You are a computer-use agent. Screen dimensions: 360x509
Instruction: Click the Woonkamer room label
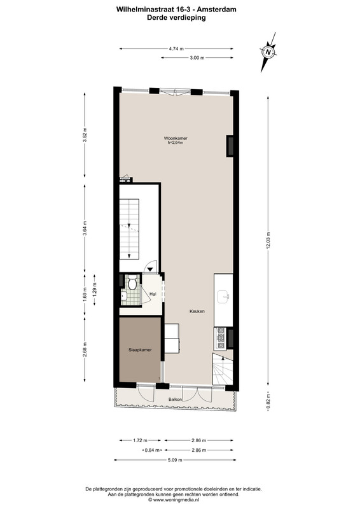coord(176,138)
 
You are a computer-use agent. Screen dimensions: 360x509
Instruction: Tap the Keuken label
coord(197,311)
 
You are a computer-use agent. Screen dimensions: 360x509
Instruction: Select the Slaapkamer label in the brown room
coord(140,349)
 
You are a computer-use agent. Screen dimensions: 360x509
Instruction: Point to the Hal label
coord(153,294)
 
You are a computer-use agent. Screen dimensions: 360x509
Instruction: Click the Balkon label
coord(175,399)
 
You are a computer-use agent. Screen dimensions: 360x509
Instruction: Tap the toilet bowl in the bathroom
coord(132,282)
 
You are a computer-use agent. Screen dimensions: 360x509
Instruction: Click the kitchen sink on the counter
coord(224,296)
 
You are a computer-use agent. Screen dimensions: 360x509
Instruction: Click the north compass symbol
coord(268,52)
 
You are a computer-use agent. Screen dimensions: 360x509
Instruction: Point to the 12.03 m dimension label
coord(268,241)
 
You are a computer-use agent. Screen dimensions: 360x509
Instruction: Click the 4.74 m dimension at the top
coord(176,49)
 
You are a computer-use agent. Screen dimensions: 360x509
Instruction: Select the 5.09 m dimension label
coord(175,459)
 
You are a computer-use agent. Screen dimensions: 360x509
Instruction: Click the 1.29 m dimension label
coord(95,290)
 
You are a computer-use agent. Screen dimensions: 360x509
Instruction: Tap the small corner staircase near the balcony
coord(223,369)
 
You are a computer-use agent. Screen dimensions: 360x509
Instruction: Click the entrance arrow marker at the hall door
coord(150,268)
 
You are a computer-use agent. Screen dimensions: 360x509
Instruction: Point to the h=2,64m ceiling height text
coord(176,142)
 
